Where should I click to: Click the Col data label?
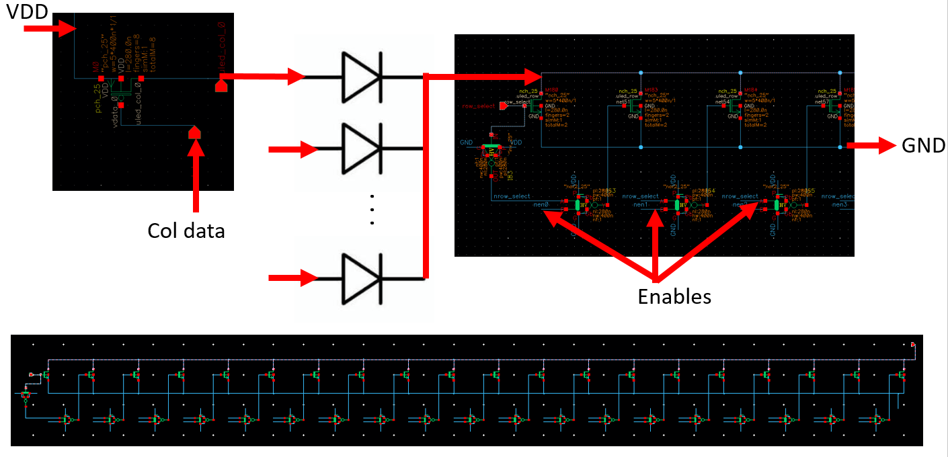pos(186,231)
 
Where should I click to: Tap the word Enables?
pos(674,296)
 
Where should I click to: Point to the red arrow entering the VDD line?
pos(51,28)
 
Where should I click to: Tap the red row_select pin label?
pos(479,106)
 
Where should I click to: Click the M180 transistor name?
pos(553,89)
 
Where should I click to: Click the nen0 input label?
pos(542,204)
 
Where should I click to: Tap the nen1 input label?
pos(640,204)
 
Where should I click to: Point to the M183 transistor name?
pos(650,89)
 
